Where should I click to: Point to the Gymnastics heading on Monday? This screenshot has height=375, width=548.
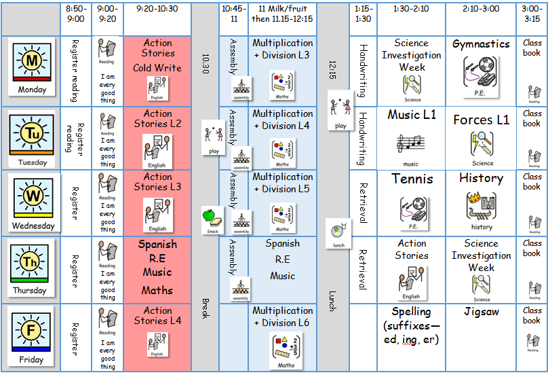coord(481,44)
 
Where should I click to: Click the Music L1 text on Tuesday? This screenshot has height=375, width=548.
coord(412,115)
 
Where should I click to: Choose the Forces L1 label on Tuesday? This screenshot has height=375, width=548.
coord(481,120)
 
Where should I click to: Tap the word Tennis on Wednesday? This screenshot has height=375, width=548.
coord(412,180)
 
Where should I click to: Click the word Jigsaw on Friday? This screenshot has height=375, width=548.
coord(482,312)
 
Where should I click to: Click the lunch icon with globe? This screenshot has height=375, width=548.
coord(338,230)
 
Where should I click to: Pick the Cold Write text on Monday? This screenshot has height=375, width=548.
coord(157,68)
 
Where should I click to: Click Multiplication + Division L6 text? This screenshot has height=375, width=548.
coord(282,317)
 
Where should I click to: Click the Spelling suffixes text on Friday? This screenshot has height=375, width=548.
coord(411,325)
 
